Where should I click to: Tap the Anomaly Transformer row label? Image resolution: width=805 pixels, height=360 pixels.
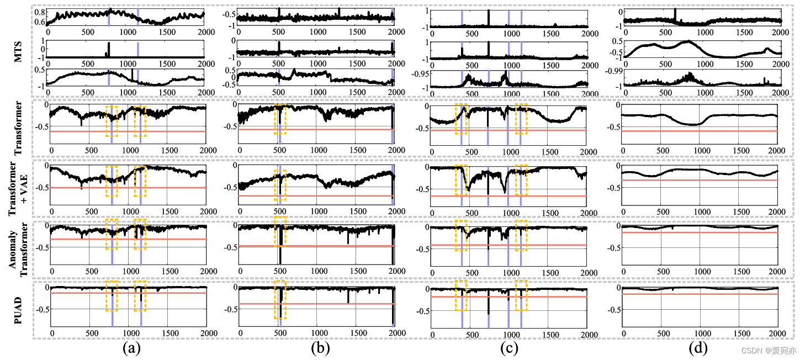(18, 248)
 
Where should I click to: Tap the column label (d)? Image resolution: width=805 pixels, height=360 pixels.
(697, 348)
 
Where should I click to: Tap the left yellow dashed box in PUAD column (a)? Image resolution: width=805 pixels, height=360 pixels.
(112, 296)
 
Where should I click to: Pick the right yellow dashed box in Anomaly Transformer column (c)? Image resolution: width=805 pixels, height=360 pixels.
(521, 235)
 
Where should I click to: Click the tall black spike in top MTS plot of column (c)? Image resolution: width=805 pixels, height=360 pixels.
(489, 18)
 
